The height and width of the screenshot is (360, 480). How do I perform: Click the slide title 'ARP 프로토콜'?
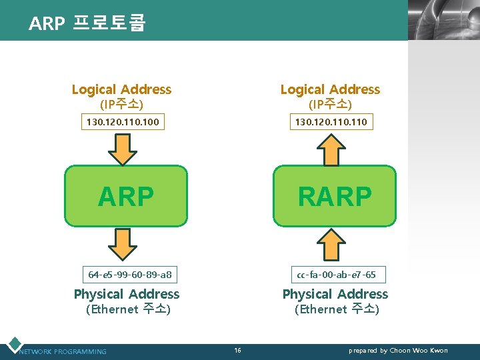pos(87,23)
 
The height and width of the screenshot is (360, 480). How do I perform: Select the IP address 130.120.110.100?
pos(123,122)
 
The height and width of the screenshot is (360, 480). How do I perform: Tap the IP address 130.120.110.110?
pos(331,122)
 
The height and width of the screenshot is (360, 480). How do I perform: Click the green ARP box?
pos(126,196)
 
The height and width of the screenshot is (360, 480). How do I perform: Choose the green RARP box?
pos(335,196)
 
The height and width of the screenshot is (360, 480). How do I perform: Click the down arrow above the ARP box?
pos(122,148)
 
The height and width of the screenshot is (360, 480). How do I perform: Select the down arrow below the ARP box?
pos(122,244)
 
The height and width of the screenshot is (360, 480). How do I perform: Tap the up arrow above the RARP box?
pos(331,148)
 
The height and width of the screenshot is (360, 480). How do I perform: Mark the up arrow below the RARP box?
pos(331,244)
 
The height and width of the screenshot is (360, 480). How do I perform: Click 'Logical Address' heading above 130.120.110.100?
pos(121,89)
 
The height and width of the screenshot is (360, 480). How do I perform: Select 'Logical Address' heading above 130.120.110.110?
pos(330,89)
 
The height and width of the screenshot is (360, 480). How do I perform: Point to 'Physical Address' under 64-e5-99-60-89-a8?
pos(127,294)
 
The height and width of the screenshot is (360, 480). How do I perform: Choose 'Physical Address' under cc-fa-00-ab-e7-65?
pos(335,294)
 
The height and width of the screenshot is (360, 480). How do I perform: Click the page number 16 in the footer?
pos(238,350)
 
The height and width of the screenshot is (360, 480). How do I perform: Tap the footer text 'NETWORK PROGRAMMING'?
pos(63,351)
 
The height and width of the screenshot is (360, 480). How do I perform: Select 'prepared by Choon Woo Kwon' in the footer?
pos(398,351)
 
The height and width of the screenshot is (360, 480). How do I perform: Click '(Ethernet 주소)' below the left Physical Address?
pos(129,309)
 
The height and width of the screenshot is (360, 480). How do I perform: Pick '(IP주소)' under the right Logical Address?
pos(330,105)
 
